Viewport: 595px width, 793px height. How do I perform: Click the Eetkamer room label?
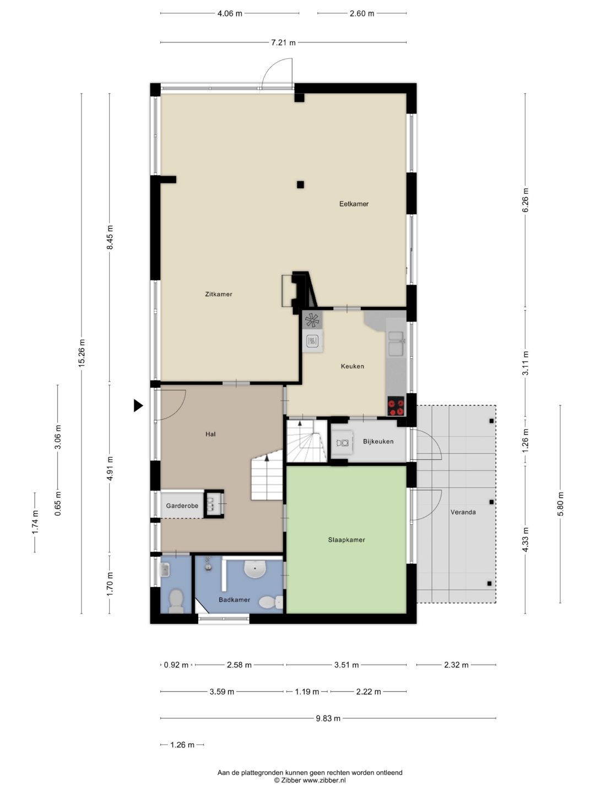tap(354, 204)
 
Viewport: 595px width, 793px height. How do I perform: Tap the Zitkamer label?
tap(219, 294)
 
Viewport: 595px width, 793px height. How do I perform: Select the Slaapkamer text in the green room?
tap(347, 540)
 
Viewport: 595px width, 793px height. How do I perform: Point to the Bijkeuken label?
tap(378, 441)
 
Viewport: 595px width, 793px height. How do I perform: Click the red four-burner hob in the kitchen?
tap(396, 406)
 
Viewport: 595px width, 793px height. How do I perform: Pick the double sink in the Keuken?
tap(396, 343)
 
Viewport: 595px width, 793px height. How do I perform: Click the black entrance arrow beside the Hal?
tap(138, 405)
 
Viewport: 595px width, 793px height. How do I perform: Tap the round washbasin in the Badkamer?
tap(255, 569)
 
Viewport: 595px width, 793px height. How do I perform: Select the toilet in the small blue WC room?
tap(176, 600)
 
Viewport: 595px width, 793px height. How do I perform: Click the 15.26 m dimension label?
tap(82, 353)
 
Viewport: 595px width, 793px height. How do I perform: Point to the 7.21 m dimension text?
tap(284, 42)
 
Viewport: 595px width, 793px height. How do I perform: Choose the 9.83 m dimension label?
tap(328, 718)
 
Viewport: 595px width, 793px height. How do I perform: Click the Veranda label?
tap(463, 512)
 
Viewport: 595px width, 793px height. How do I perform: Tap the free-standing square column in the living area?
tap(300, 184)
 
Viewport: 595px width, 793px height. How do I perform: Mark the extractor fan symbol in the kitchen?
tap(312, 320)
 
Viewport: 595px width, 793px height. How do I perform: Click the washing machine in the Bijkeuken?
tap(343, 443)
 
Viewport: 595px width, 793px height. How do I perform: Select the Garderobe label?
tap(182, 506)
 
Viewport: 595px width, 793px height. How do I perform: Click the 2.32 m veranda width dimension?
tap(456, 665)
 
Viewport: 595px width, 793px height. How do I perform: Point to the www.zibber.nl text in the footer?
tap(324, 780)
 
